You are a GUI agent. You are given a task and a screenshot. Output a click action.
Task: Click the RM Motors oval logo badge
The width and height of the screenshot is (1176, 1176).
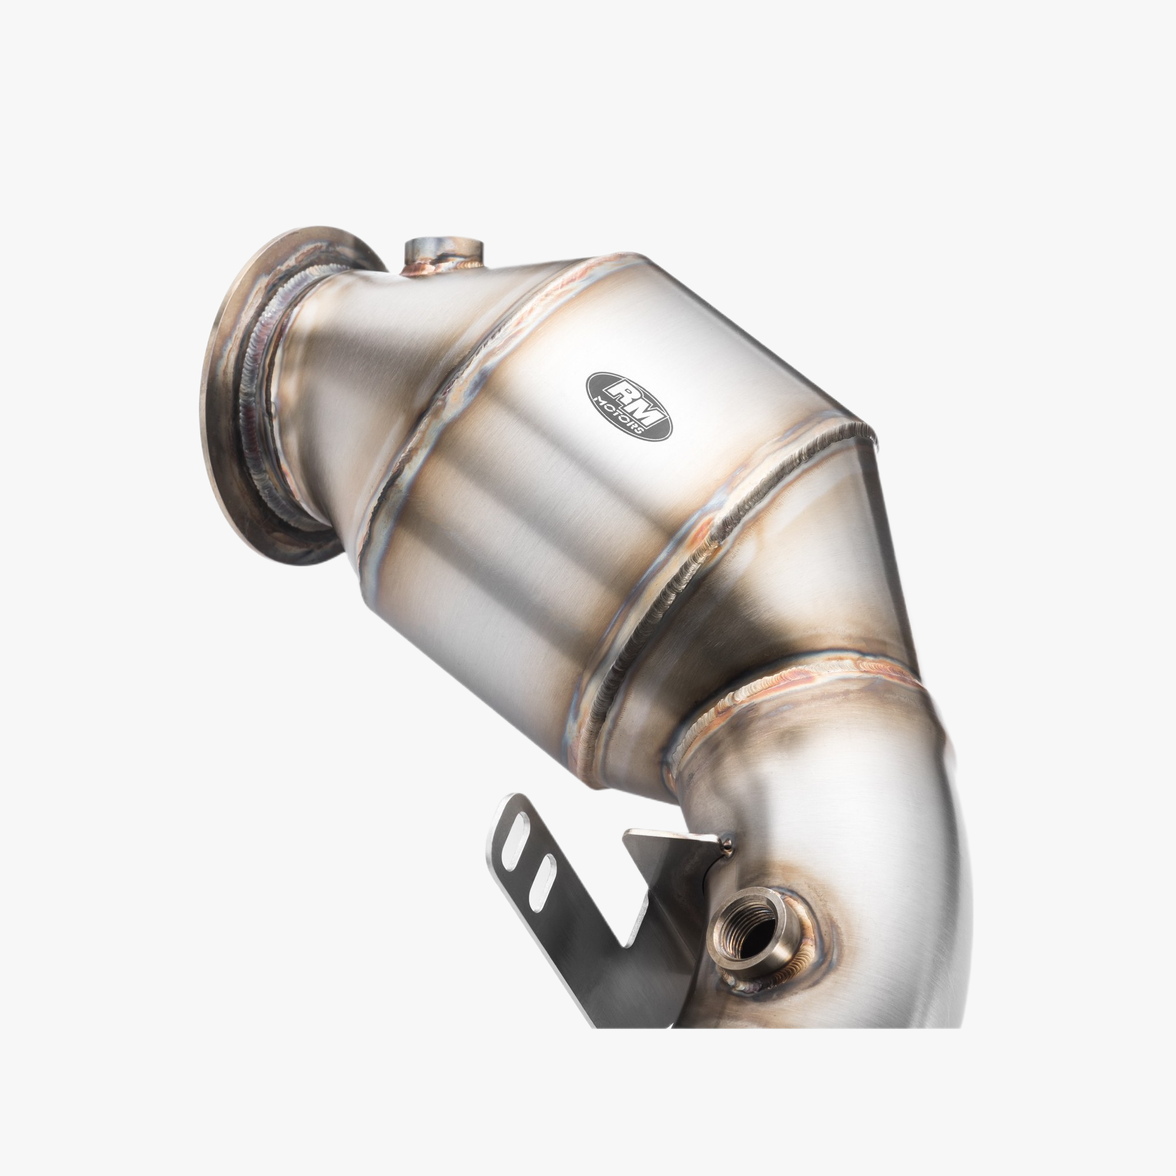pos(629,406)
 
